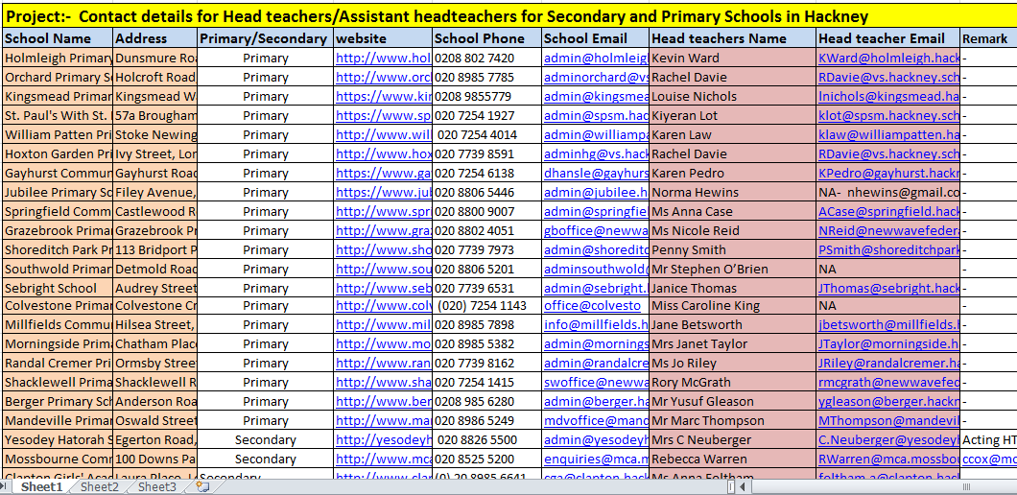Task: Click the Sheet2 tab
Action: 100,487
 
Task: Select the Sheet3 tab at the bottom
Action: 157,487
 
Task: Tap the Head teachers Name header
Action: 719,38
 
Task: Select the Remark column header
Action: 985,38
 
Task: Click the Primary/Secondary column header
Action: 265,38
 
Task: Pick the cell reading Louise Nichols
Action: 695,96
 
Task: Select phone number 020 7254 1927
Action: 474,115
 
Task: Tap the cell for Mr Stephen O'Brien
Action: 709,269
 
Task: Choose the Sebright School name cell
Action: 51,288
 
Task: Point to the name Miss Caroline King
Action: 705,306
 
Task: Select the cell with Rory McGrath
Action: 691,382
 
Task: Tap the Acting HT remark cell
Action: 989,439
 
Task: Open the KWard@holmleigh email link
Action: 888,58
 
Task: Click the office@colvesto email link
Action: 592,306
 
